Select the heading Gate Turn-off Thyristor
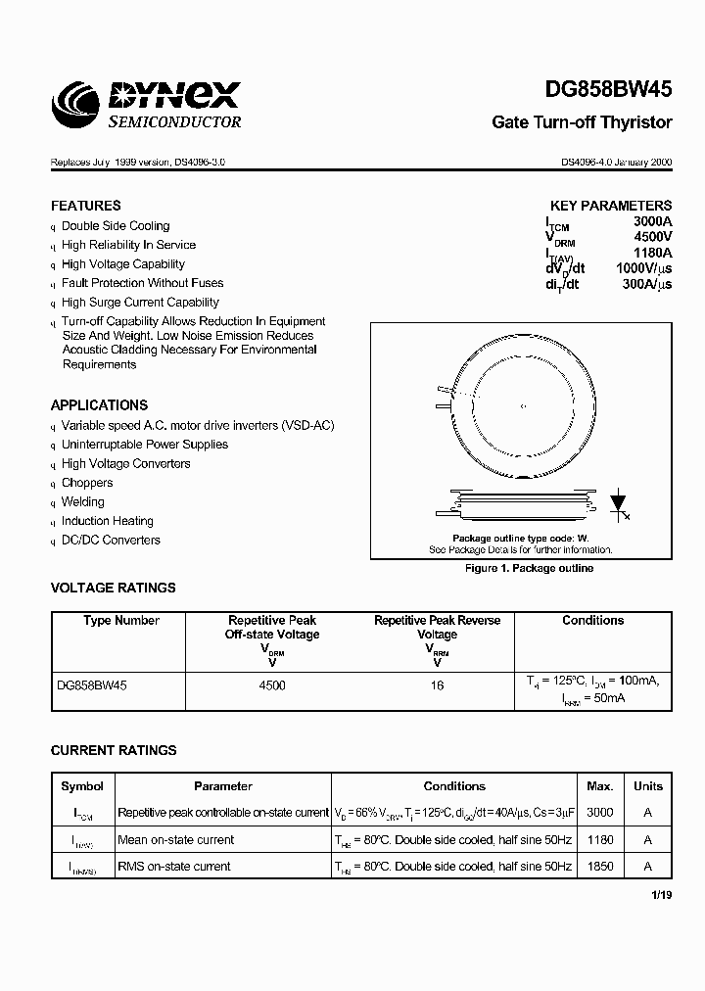[x=582, y=122]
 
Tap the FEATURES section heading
[x=86, y=206]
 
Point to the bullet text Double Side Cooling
[x=116, y=226]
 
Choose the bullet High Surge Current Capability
[x=140, y=303]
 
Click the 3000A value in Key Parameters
[x=652, y=222]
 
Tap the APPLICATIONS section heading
[x=99, y=404]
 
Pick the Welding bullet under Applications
[x=83, y=502]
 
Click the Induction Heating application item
[x=108, y=521]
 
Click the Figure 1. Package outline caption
[x=529, y=569]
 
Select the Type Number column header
[x=121, y=621]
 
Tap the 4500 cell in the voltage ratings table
[x=272, y=685]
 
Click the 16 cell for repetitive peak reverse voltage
[x=437, y=685]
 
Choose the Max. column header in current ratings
[x=599, y=786]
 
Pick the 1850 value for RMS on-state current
[x=599, y=867]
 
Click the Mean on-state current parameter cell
[x=176, y=840]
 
